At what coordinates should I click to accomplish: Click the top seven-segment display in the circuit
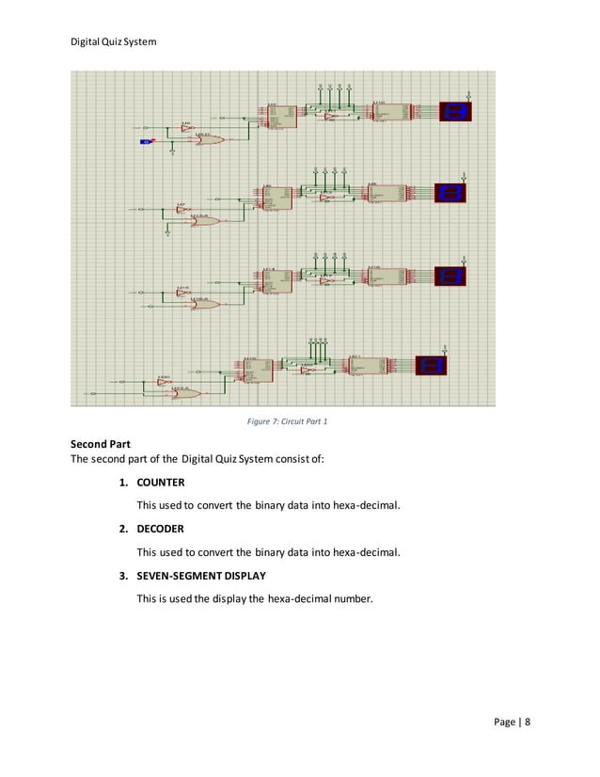458,112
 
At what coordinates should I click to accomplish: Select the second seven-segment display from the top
452,193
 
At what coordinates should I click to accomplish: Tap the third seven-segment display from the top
451,276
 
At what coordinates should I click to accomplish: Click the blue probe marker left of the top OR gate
146,141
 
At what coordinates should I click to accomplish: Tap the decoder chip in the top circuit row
389,113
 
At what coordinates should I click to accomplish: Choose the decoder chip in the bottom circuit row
367,367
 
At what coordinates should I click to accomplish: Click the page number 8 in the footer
528,722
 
